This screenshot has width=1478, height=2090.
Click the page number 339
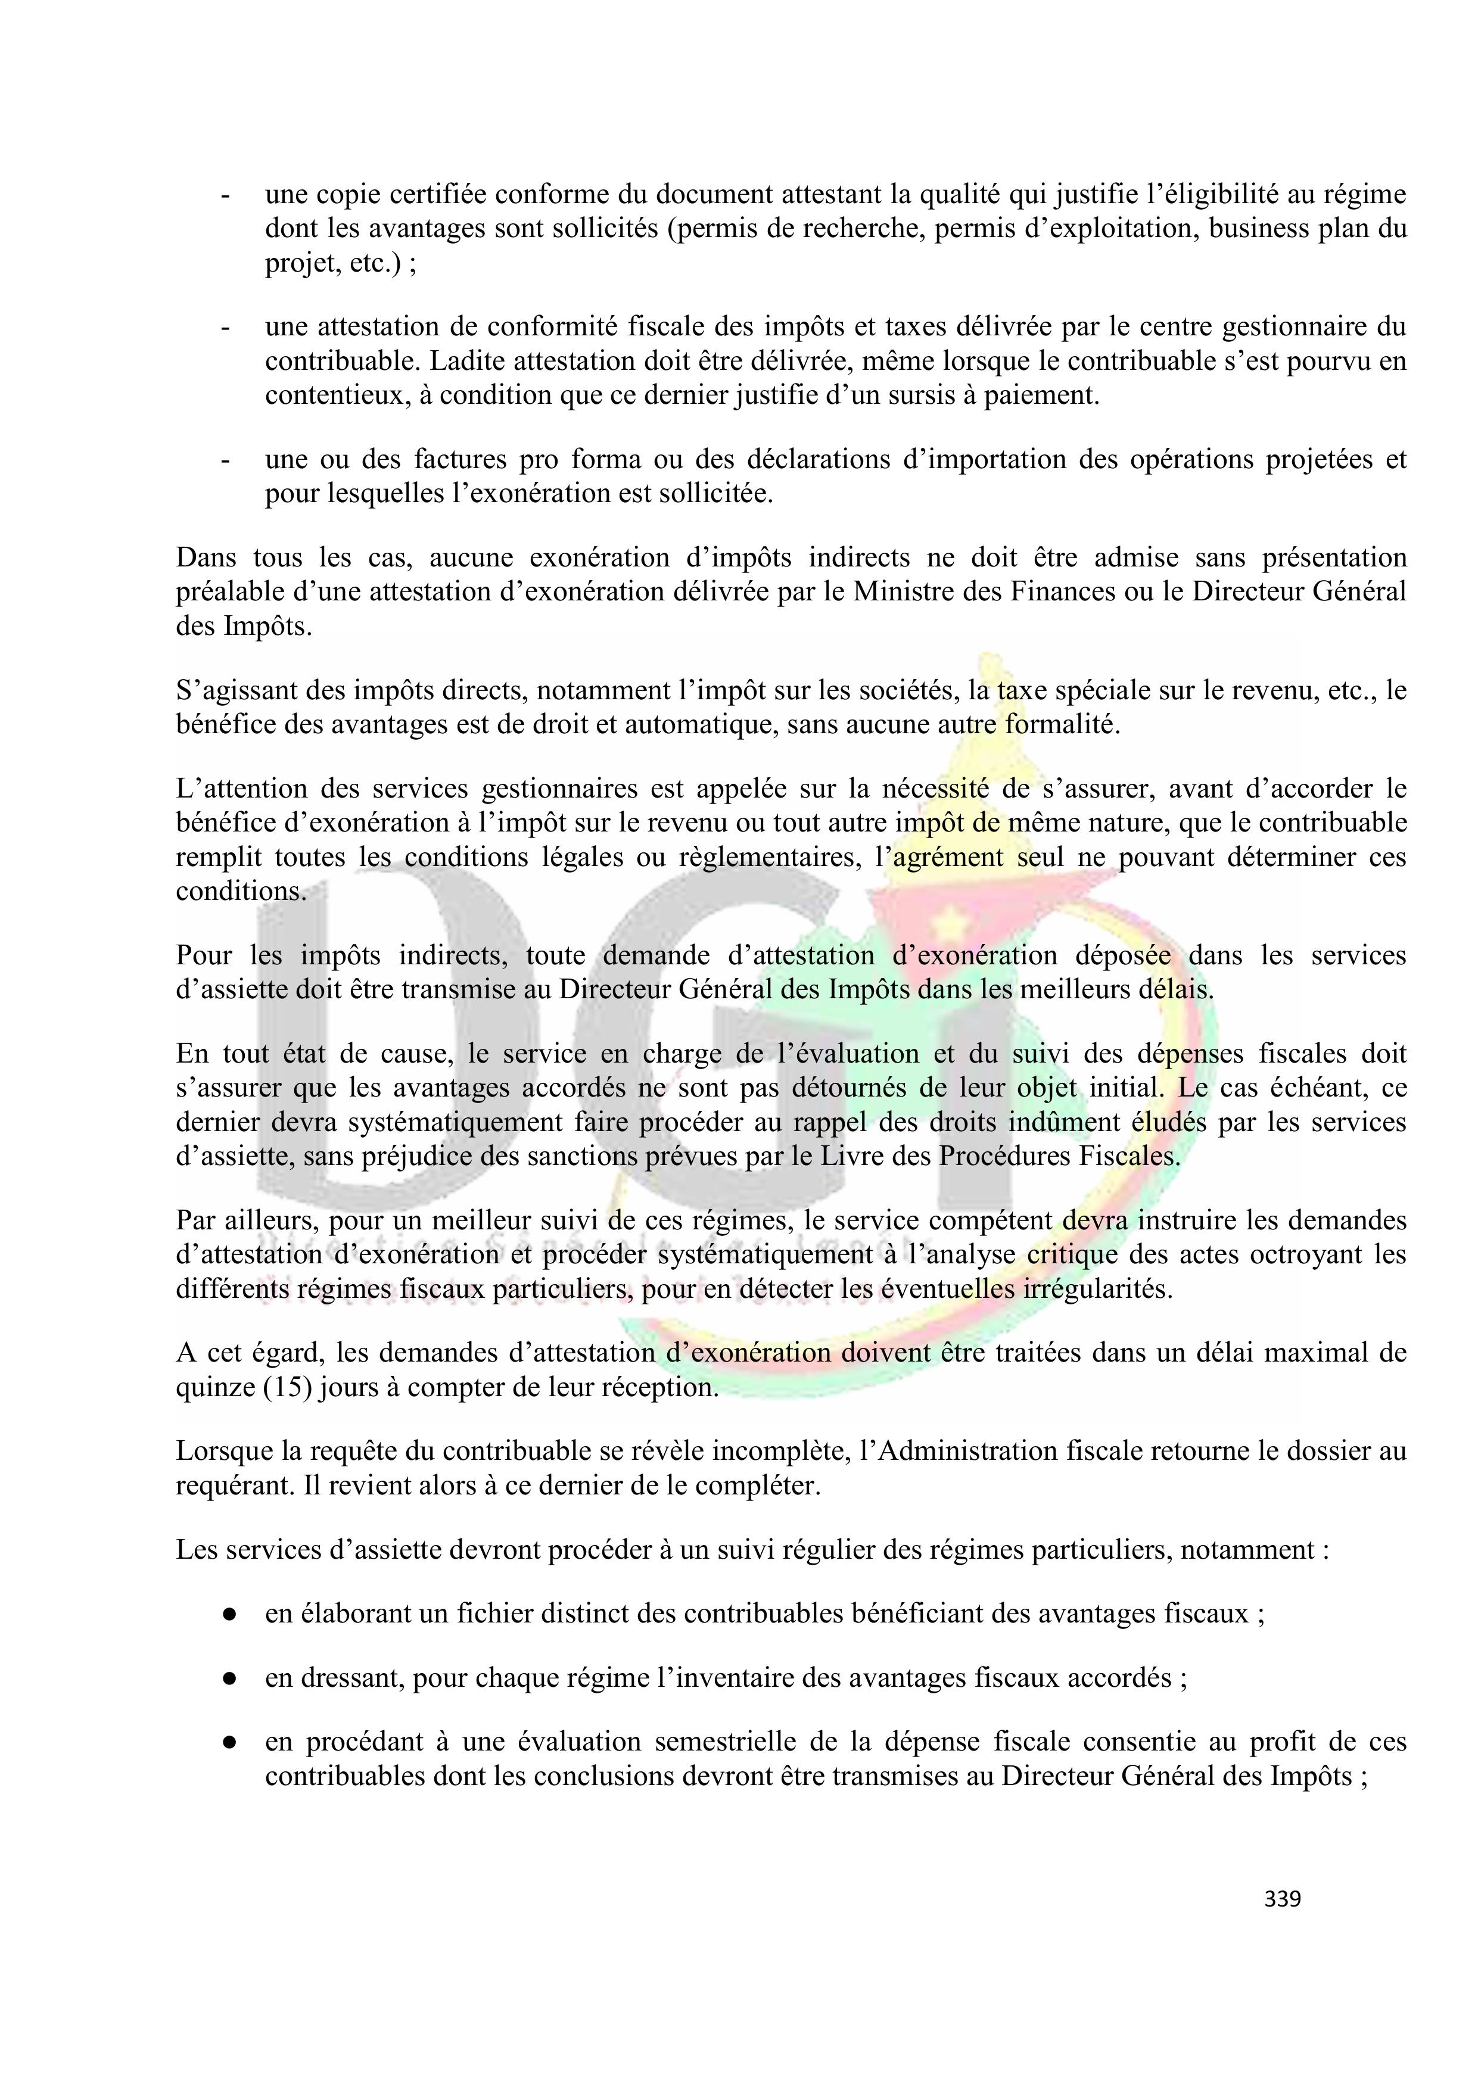[x=1282, y=1899]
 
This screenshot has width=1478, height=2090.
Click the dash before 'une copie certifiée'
[x=224, y=195]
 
